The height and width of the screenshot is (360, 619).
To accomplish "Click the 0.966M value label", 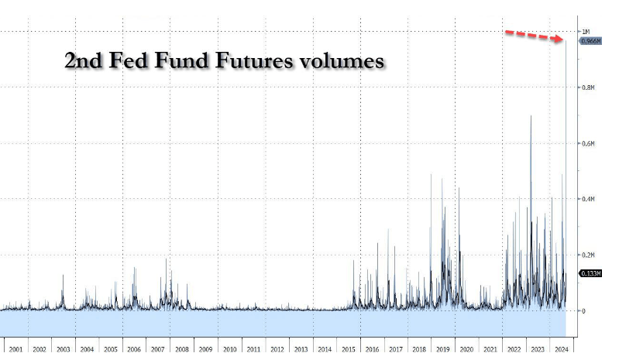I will click(590, 41).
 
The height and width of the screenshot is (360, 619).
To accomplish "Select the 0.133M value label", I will click(590, 273).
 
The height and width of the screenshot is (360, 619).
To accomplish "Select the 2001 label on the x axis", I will click(15, 349).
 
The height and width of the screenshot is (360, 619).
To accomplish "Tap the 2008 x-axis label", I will click(182, 349).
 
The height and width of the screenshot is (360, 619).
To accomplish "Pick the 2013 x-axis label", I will click(301, 349).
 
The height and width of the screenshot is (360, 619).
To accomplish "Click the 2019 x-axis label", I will click(443, 349).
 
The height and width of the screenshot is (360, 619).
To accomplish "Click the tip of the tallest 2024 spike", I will click(566, 41).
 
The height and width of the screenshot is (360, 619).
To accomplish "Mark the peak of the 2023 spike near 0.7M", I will click(531, 116).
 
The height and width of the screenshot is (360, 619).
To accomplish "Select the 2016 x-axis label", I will click(372, 349).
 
